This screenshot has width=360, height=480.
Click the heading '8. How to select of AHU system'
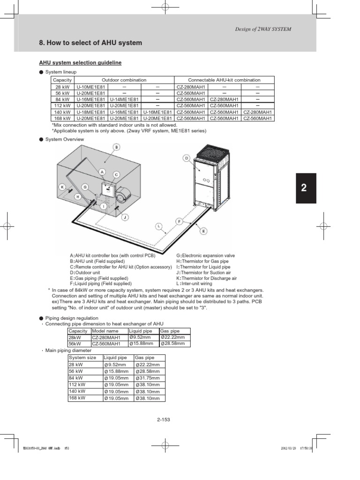coord(90,43)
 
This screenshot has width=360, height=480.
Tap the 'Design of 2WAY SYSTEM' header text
coord(263,29)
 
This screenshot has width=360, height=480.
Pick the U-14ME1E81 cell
coord(124,99)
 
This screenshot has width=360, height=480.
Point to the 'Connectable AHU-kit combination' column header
coord(224,80)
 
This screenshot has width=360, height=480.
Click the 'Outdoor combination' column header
coord(124,80)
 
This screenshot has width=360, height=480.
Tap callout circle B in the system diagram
coord(116,147)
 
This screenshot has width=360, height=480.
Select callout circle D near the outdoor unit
coord(187,158)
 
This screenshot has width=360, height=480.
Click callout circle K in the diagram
coord(61,187)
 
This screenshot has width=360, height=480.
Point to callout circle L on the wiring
coord(159,226)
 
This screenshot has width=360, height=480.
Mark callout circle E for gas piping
coord(203,231)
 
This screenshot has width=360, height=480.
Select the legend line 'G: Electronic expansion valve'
coord(205,255)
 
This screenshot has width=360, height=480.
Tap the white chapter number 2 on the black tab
coord(304,188)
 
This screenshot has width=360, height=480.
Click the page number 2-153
coord(163,419)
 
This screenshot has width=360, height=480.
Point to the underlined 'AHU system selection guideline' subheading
coord(80,62)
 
